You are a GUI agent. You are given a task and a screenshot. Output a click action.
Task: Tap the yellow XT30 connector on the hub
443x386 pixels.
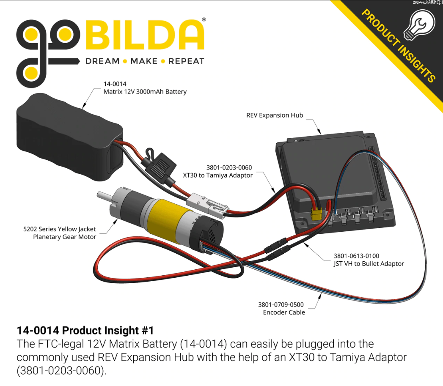[316, 215]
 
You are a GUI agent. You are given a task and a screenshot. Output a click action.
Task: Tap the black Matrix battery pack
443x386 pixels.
[69, 137]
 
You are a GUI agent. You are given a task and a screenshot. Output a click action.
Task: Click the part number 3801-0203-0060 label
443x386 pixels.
[229, 167]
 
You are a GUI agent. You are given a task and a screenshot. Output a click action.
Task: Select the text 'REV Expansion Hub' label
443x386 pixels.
[275, 115]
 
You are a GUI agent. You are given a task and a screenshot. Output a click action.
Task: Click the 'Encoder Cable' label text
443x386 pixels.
[284, 312]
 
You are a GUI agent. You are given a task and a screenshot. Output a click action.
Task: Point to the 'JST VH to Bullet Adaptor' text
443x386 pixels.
[369, 263]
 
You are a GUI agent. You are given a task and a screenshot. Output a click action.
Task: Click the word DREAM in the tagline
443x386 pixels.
[102, 61]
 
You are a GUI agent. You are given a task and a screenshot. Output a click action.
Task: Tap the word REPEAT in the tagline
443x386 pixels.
[186, 61]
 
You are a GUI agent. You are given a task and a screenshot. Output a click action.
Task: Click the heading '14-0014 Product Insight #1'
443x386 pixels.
[85, 330]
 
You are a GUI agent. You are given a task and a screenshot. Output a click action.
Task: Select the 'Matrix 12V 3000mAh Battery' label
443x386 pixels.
[145, 92]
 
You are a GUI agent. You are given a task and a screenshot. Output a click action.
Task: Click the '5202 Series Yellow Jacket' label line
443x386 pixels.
[59, 229]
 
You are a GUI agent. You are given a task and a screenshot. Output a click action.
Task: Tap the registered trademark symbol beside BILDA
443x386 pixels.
[204, 19]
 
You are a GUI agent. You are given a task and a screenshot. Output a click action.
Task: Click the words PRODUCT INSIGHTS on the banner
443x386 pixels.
[398, 45]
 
